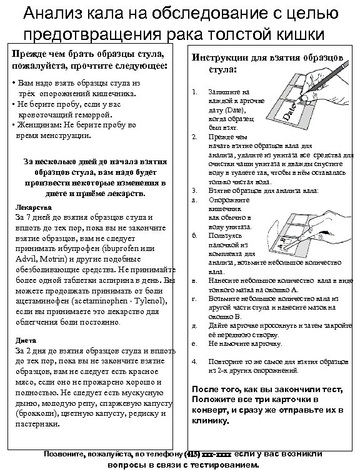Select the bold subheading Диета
point(24,340)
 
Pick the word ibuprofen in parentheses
point(127,248)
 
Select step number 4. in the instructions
point(194,361)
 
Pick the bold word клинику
point(211,421)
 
